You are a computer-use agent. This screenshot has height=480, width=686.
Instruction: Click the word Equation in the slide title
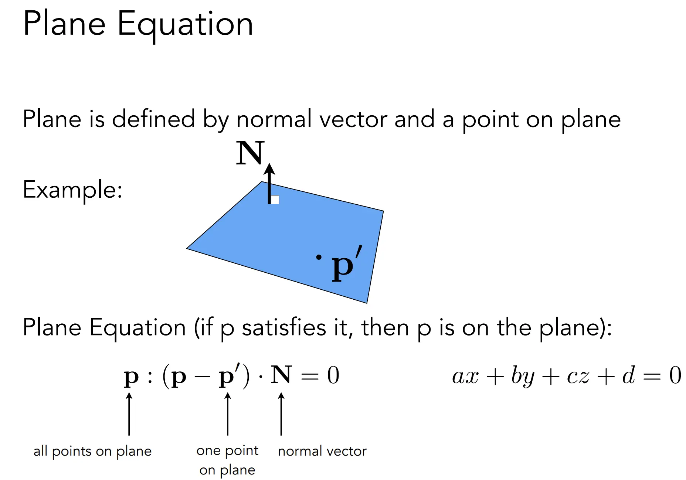(x=185, y=25)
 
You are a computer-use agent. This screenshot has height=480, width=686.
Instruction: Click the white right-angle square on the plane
(x=275, y=200)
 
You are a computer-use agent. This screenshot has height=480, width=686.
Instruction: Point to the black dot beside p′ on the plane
(x=319, y=257)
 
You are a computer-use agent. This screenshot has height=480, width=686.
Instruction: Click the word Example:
(x=72, y=190)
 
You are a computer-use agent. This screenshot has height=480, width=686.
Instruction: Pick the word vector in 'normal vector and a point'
(x=354, y=120)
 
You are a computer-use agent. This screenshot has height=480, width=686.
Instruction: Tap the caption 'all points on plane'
(x=92, y=451)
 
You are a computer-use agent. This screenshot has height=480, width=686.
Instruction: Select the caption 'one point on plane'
(x=227, y=460)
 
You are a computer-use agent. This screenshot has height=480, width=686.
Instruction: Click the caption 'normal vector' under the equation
(x=322, y=451)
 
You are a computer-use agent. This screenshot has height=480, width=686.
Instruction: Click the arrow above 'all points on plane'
(x=129, y=414)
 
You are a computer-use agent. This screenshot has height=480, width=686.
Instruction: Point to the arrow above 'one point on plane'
(x=228, y=414)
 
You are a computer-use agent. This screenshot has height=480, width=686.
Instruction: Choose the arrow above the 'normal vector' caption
(x=281, y=414)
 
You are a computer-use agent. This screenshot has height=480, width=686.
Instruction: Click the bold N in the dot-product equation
(x=281, y=375)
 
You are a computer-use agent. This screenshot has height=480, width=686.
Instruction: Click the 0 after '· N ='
(x=333, y=375)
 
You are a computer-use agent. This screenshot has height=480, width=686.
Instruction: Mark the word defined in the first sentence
(x=153, y=119)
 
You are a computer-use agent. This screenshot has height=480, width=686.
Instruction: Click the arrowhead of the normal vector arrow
(x=269, y=168)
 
